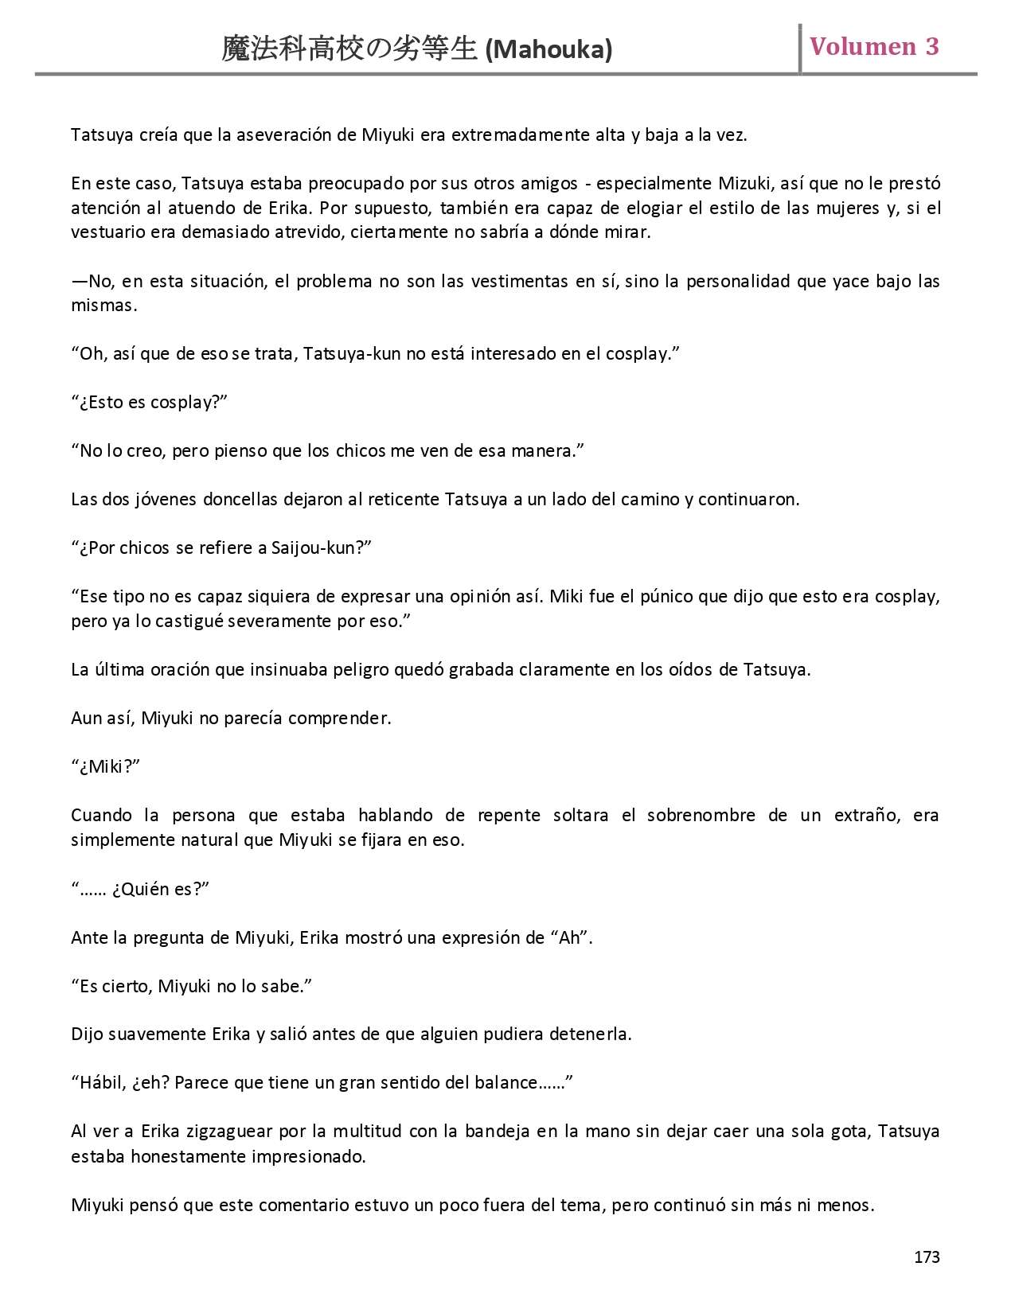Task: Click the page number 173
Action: point(927,1257)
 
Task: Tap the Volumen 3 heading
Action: point(874,47)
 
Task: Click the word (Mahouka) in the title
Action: point(548,50)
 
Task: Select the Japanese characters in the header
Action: point(349,49)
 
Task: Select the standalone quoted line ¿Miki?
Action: point(106,767)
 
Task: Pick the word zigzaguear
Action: point(228,1132)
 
